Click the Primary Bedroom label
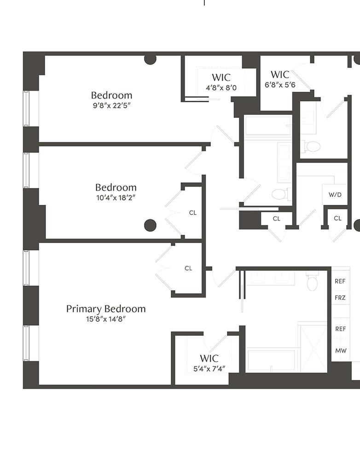(106, 309)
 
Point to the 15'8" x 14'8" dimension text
(106, 319)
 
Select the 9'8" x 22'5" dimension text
(111, 105)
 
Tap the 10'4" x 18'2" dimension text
(116, 198)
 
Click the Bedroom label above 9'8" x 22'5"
(111, 95)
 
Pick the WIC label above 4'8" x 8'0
(221, 77)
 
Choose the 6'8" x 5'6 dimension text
(280, 85)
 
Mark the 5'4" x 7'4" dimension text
(209, 368)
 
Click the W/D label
(335, 195)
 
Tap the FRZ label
(340, 298)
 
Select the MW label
(341, 351)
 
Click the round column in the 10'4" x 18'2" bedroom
(150, 225)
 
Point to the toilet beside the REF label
(312, 281)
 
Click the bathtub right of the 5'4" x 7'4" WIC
(271, 361)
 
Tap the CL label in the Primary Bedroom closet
(188, 268)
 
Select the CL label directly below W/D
(337, 218)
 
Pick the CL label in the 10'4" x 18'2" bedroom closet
(193, 213)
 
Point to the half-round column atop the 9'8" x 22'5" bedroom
(150, 59)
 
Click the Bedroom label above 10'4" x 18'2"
(116, 187)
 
